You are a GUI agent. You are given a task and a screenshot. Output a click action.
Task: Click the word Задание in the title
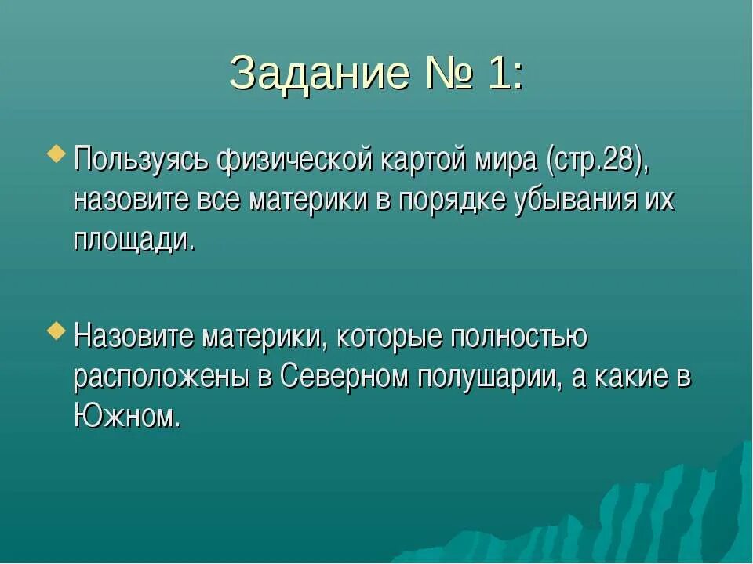click(x=320, y=74)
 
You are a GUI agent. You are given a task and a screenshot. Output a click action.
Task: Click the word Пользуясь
click(x=140, y=161)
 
